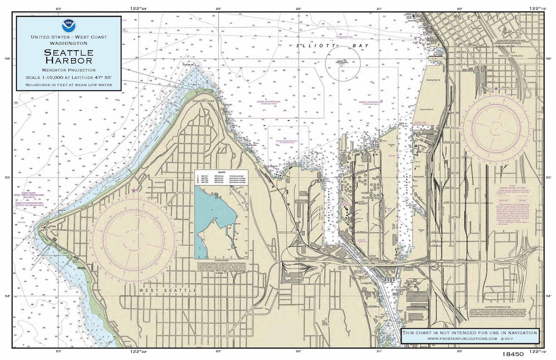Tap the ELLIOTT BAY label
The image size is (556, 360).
(x=332, y=46)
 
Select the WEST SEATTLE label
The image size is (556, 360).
(x=168, y=290)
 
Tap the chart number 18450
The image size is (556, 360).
(x=513, y=354)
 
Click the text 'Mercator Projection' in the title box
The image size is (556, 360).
(x=69, y=70)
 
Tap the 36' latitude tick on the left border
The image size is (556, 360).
(x=8, y=59)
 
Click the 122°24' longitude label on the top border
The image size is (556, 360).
(x=138, y=8)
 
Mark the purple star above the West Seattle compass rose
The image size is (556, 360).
(x=134, y=190)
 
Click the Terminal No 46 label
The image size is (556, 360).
(x=433, y=80)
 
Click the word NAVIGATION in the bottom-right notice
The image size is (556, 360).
(x=524, y=333)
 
